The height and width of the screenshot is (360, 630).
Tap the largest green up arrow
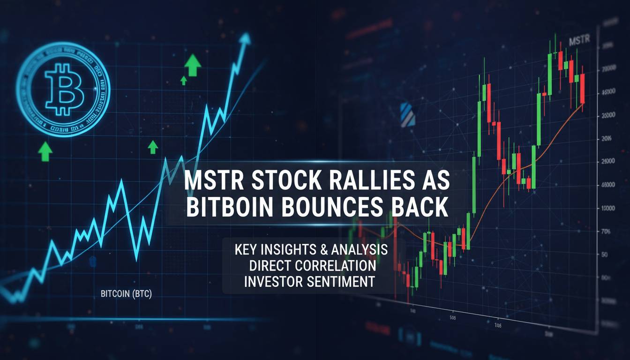[x=192, y=65]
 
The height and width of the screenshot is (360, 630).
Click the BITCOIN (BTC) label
[x=127, y=294]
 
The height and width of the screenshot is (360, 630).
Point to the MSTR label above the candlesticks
[x=578, y=41]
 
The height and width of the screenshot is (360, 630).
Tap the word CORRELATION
[x=336, y=265]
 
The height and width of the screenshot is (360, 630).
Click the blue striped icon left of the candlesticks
[x=407, y=115]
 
